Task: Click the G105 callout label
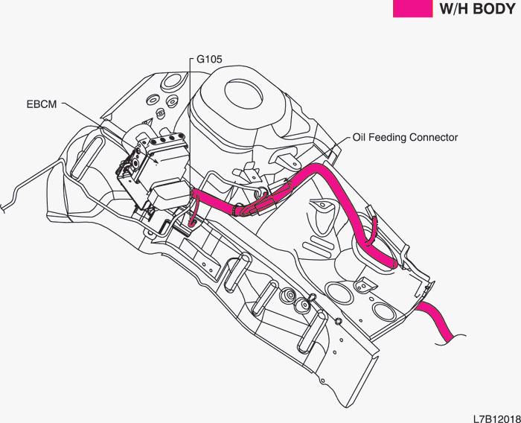(x=209, y=59)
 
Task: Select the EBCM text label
(x=42, y=104)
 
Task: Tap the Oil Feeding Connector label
(x=405, y=137)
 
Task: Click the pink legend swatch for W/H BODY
(x=412, y=9)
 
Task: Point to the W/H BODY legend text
(x=478, y=9)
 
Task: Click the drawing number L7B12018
(x=497, y=419)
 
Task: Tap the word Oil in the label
(x=359, y=137)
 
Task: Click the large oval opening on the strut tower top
(x=244, y=94)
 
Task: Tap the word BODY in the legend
(x=494, y=9)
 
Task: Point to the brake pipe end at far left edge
(x=3, y=209)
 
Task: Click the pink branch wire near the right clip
(x=373, y=230)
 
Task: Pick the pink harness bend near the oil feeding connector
(x=319, y=171)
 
